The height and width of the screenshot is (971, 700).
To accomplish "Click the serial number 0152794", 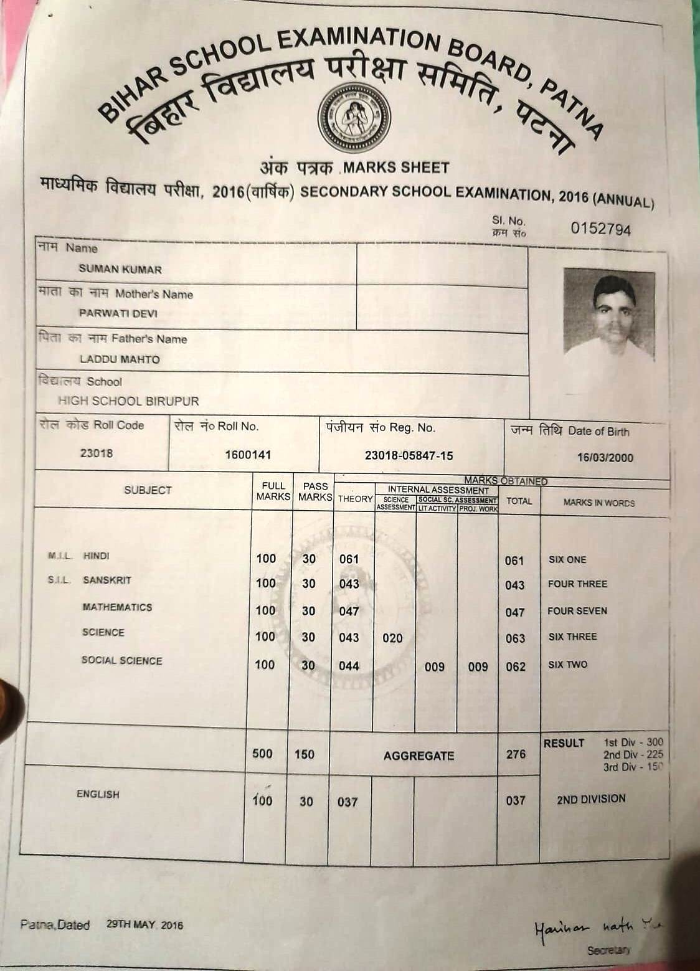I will tap(600, 229).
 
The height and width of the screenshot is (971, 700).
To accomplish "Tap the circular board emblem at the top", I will tap(354, 118).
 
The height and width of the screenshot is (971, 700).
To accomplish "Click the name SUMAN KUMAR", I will tap(120, 270).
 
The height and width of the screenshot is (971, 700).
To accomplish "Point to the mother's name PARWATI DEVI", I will tap(118, 313).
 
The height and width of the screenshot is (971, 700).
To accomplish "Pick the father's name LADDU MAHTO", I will tap(120, 359).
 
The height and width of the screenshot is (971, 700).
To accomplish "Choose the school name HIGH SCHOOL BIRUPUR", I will tap(128, 401).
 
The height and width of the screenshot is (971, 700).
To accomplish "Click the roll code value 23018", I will tap(97, 453).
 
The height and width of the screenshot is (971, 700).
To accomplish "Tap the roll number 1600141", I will tap(248, 455).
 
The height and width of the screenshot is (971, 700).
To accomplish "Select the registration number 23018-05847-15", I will tap(409, 455).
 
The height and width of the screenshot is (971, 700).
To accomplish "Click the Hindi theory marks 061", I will tap(349, 559).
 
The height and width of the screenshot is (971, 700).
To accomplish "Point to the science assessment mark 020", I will tap(392, 638).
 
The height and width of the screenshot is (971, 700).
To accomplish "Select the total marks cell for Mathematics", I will tap(515, 612).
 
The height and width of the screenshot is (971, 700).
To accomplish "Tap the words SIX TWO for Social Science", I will tap(567, 665).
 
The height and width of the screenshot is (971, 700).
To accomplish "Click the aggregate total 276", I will tap(516, 754).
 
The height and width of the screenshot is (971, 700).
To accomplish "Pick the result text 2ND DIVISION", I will tap(591, 798).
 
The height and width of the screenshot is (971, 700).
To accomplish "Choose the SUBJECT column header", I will tap(148, 490).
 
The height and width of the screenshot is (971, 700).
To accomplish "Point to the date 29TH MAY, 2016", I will tap(144, 925).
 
